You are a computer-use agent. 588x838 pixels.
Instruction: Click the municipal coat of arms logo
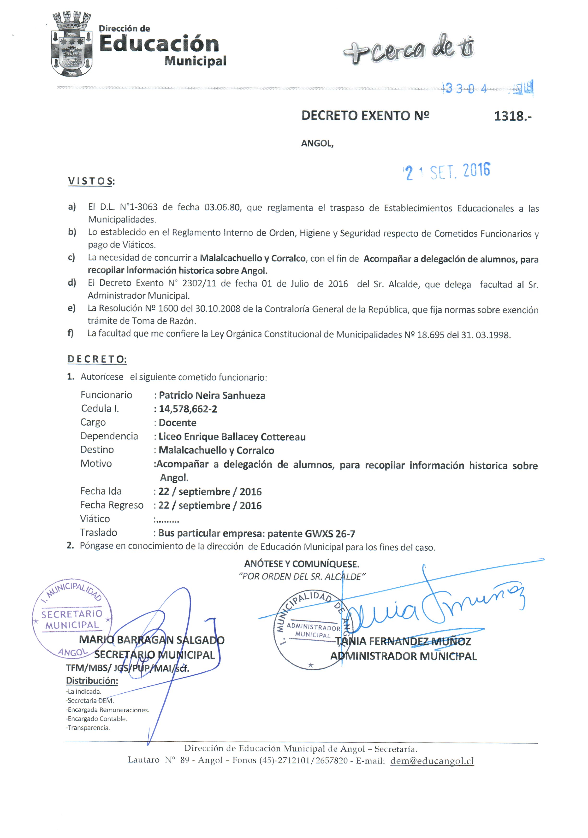(71, 45)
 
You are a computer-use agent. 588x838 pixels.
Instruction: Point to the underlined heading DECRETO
(97, 359)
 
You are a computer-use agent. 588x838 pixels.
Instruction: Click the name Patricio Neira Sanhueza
(212, 396)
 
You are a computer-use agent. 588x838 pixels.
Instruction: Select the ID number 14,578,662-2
(188, 409)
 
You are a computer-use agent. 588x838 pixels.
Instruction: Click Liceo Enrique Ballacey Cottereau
(232, 437)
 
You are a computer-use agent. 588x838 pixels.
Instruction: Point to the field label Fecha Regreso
(112, 505)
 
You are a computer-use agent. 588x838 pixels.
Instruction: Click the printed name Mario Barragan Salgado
(152, 640)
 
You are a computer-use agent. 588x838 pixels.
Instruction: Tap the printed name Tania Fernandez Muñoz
(403, 641)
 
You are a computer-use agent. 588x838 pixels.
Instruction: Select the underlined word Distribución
(92, 681)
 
